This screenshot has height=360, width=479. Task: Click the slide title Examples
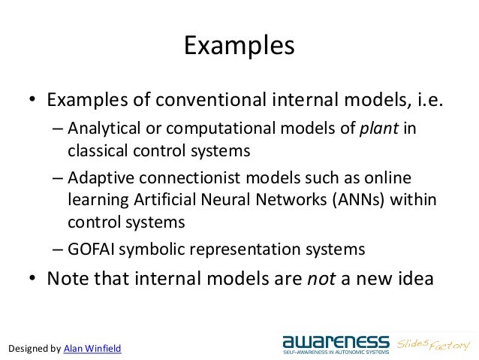click(239, 47)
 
